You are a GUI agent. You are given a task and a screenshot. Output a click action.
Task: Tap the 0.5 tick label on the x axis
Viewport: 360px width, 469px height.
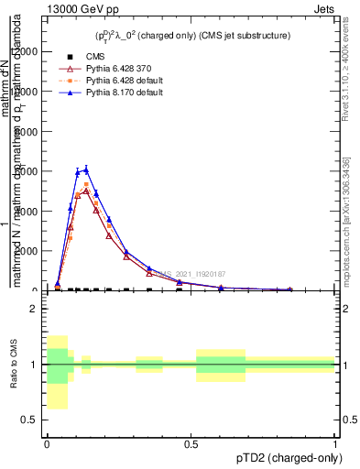click(x=191, y=443)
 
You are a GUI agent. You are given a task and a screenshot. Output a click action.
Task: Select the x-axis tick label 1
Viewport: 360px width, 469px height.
click(x=335, y=443)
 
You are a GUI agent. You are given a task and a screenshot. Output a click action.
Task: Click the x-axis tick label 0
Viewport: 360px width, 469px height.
click(x=47, y=443)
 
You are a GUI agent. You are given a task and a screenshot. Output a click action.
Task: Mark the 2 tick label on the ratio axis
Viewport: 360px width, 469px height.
click(x=33, y=309)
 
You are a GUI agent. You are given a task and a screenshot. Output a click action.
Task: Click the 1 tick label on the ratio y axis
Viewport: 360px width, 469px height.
click(x=33, y=365)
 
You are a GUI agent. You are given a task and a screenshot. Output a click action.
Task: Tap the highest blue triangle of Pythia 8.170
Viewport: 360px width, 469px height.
click(x=86, y=169)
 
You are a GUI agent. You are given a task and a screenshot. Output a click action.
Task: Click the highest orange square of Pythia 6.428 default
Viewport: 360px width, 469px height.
click(x=86, y=184)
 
